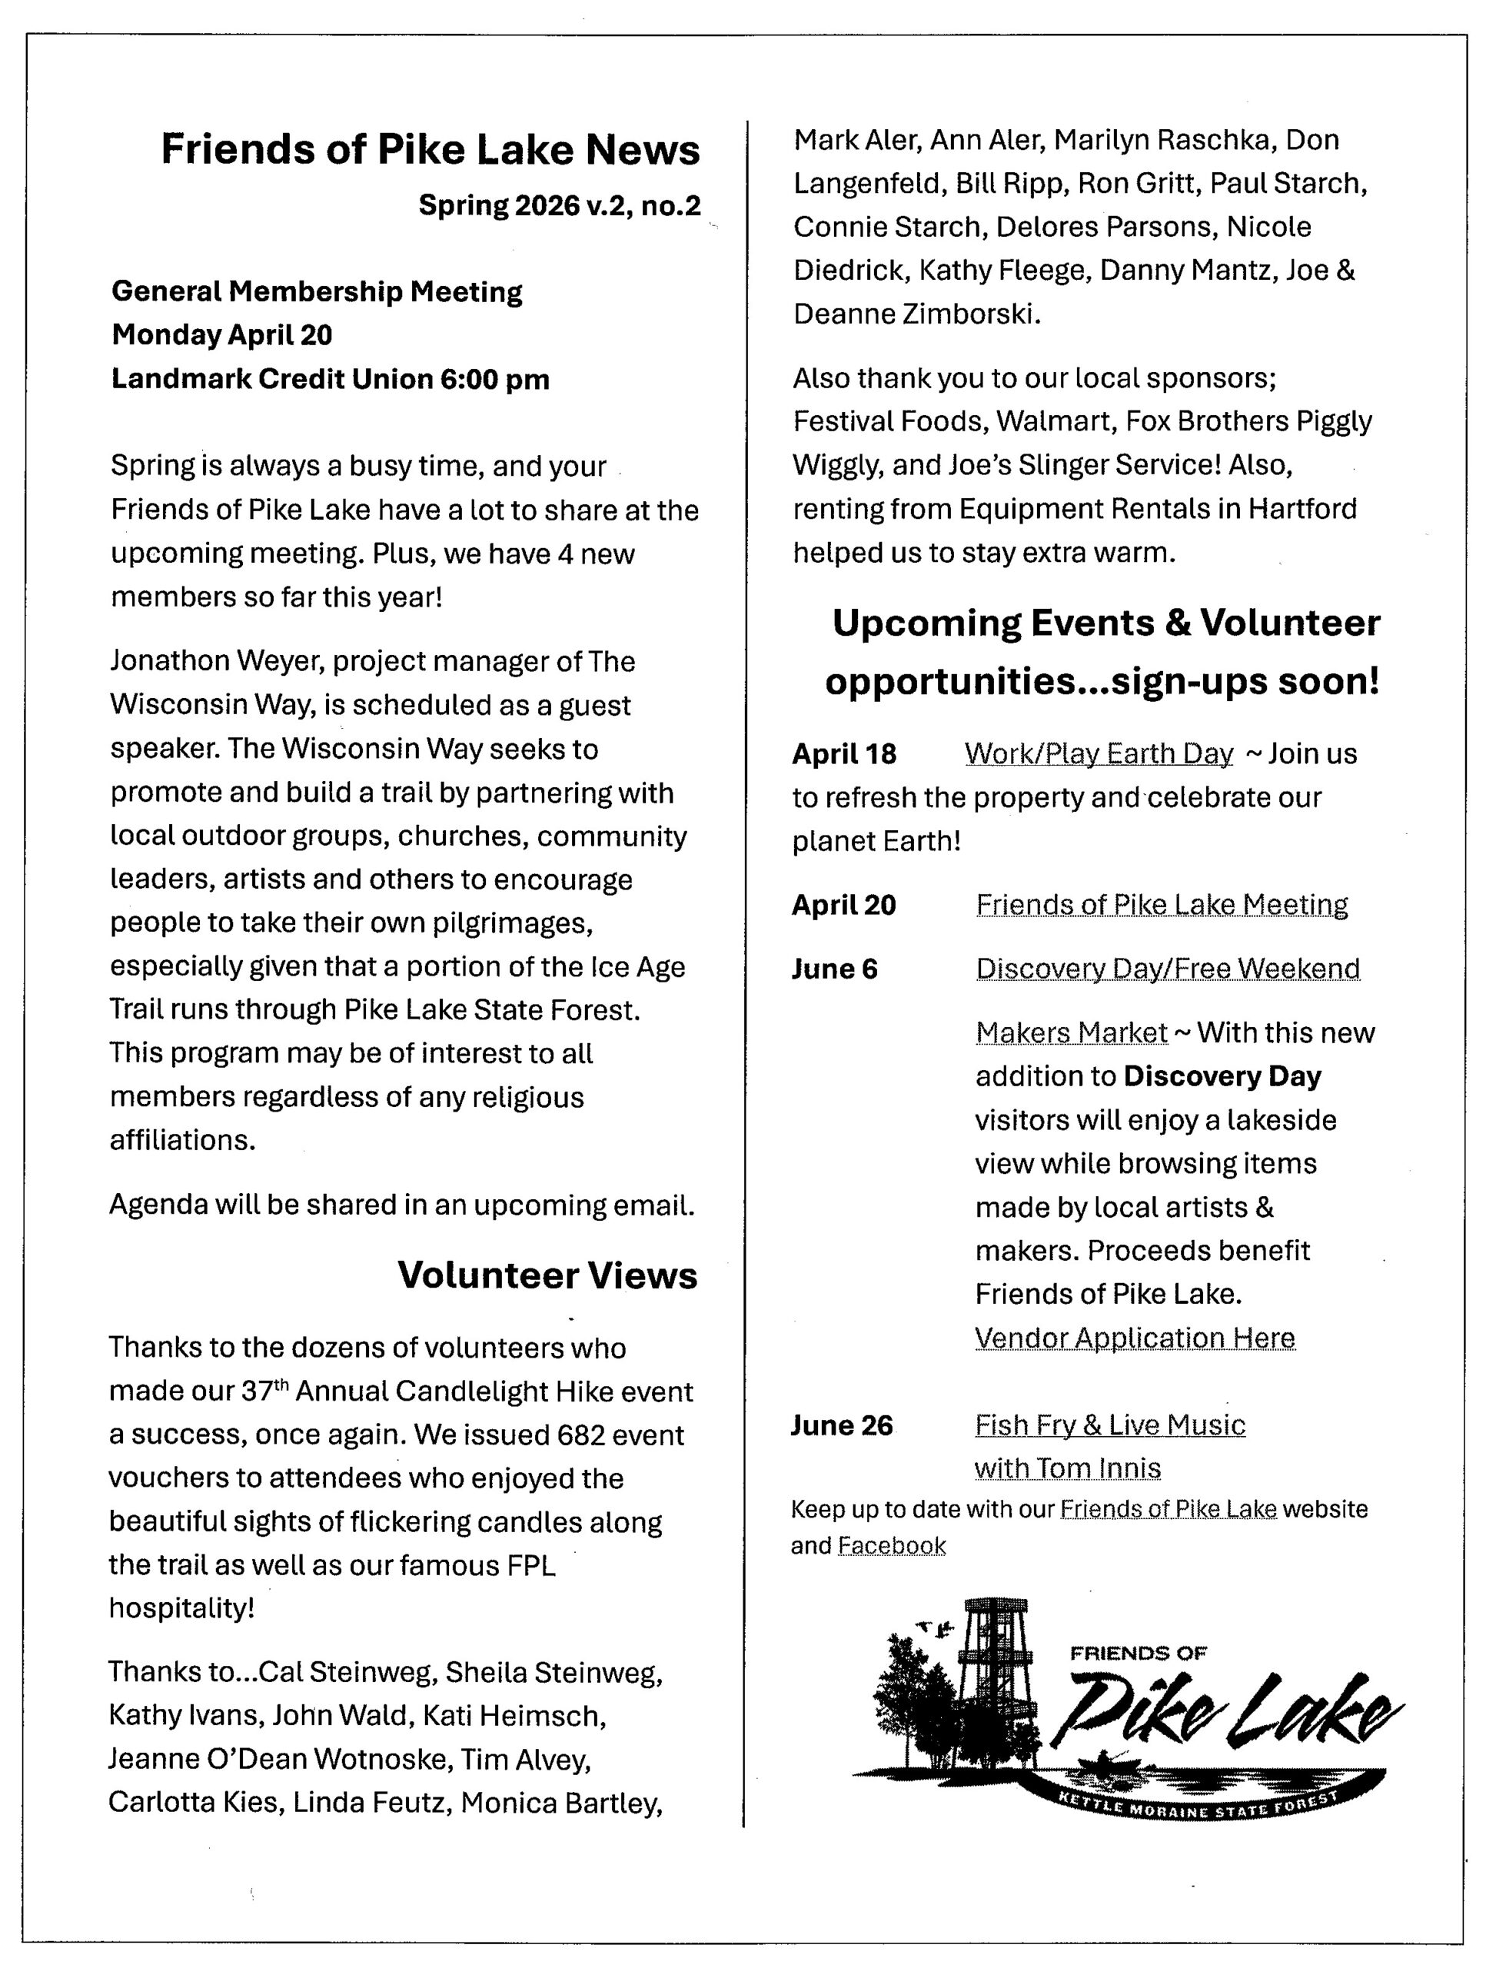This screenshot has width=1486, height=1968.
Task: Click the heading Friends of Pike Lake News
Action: (430, 149)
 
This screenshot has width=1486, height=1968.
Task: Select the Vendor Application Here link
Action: (1135, 1337)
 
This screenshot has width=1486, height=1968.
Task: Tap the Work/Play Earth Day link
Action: (1098, 753)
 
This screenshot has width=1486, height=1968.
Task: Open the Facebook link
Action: (892, 1545)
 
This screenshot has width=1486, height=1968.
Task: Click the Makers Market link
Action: (1072, 1032)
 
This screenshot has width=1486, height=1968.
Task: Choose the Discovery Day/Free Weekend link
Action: (1168, 968)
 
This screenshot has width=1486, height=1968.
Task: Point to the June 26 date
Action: (841, 1425)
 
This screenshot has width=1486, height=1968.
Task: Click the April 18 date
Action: (843, 754)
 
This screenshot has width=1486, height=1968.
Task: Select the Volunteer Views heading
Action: (547, 1275)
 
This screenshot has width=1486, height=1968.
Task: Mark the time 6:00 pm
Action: (495, 379)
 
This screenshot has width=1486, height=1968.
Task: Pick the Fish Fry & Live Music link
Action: (1109, 1425)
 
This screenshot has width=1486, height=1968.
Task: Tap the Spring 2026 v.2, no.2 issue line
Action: (559, 205)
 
